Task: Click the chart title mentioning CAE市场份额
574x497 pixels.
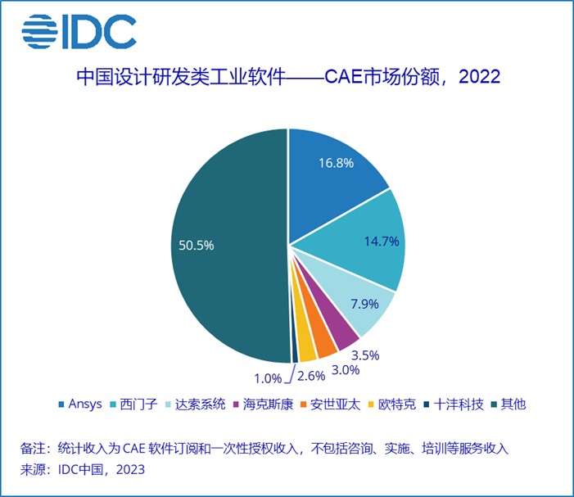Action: pos(287,78)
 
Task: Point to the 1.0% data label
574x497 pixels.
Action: pos(267,377)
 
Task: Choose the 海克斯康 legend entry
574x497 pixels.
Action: pos(263,405)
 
